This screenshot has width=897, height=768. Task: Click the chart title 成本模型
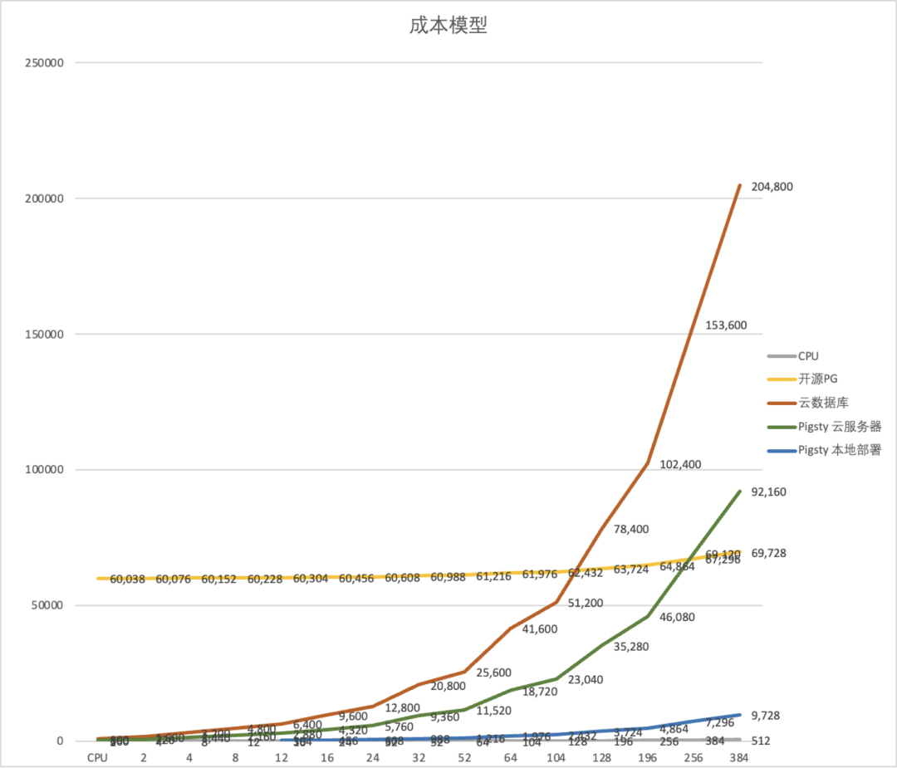pos(448,26)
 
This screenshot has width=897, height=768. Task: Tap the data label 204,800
pos(772,187)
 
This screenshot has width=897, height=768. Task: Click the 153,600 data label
pos(726,325)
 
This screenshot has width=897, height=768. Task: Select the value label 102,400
pos(680,464)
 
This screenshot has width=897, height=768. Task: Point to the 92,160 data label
pos(768,492)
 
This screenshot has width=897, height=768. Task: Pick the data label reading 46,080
pos(677,617)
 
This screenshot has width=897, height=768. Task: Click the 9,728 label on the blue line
pos(765,716)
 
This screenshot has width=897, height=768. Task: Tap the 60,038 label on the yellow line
pos(128,580)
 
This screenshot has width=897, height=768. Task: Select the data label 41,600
pos(540,629)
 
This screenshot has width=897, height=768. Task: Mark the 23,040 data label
pos(586,679)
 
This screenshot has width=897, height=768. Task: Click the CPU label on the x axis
pos(98,757)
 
